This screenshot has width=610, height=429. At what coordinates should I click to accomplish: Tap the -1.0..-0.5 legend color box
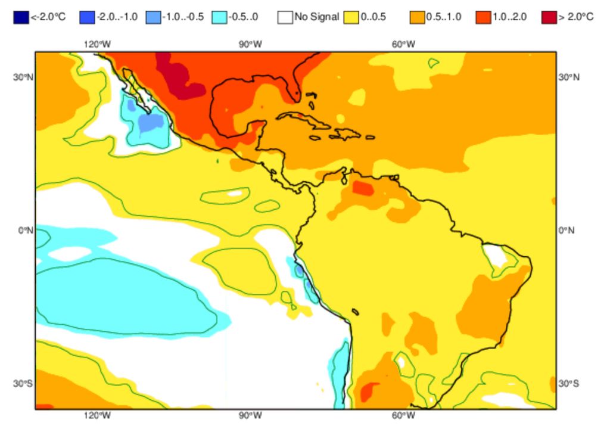(x=152, y=17)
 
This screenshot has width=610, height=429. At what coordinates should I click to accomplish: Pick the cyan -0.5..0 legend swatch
(x=219, y=17)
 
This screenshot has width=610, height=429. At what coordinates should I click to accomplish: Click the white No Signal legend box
(x=285, y=17)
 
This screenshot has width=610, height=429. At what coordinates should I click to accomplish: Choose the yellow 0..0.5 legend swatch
(x=351, y=17)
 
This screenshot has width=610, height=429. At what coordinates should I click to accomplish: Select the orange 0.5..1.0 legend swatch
(x=417, y=17)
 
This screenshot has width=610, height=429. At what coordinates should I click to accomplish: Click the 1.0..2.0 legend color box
(x=483, y=17)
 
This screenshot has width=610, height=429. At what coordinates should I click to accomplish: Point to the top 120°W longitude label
(x=97, y=44)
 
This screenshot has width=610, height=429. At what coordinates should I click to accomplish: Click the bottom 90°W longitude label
(x=250, y=415)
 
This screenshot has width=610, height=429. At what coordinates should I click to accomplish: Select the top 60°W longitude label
(x=403, y=44)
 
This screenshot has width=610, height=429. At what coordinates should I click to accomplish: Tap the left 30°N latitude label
(x=22, y=77)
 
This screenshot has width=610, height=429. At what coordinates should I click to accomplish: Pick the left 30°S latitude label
(x=22, y=383)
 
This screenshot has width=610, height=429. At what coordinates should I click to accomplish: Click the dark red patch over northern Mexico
(x=179, y=80)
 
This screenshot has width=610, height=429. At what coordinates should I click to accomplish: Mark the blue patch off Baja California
(x=150, y=122)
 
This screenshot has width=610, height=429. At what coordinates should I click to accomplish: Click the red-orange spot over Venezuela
(x=363, y=188)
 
